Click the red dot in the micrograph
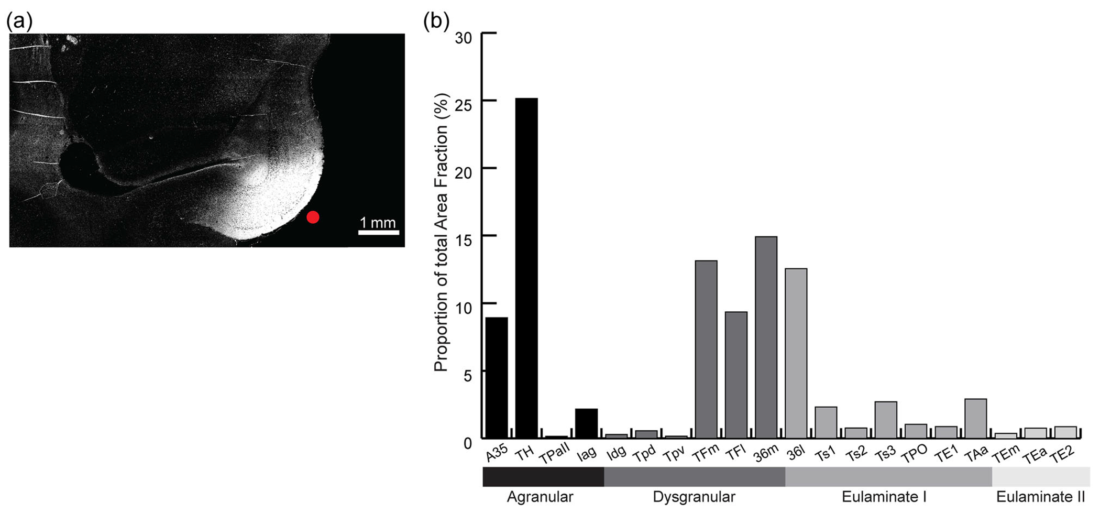313,217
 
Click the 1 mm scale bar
378,232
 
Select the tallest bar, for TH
526,267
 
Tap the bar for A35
497,377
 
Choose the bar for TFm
706,349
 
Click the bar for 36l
796,353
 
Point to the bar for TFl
736,375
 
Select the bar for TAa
976,418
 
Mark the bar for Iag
586,423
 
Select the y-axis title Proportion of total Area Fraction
442,232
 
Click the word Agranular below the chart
540,497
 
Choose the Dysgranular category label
694,497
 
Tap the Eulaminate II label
1040,497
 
